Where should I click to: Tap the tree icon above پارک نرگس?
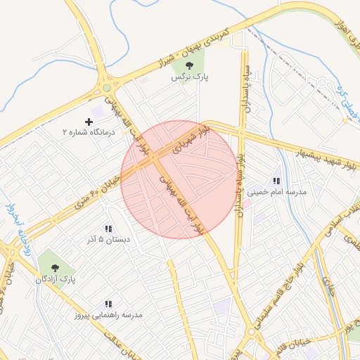(189, 65)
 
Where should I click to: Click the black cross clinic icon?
(89, 122)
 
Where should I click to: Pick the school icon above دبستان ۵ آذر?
(108, 229)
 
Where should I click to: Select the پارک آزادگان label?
(56, 280)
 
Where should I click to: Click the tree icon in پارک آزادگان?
(53, 268)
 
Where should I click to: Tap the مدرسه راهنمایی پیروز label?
(109, 315)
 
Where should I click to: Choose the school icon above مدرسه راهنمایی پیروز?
(108, 304)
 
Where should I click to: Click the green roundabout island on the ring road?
(107, 88)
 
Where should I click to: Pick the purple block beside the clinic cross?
(97, 112)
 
